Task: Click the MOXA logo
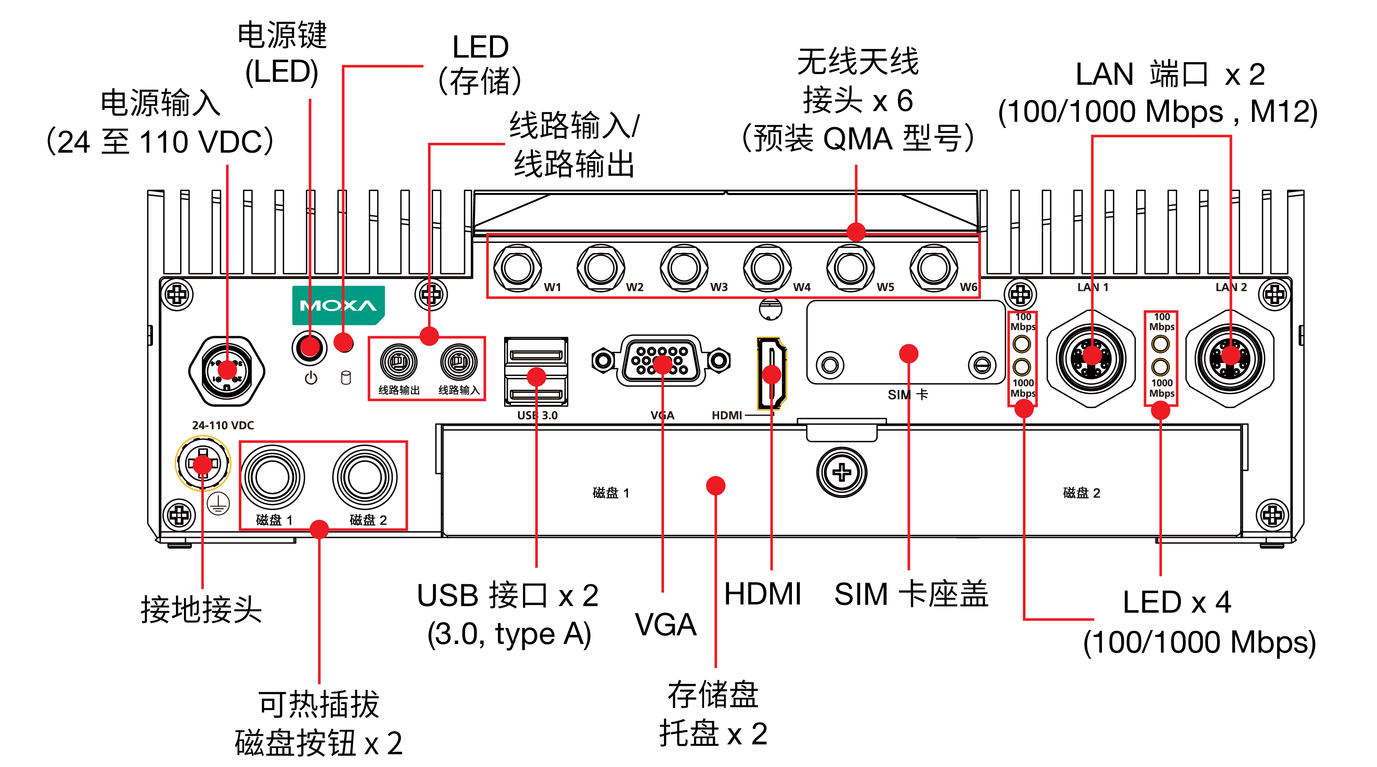[x=338, y=305]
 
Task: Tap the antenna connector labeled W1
[x=517, y=267]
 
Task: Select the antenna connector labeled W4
[x=767, y=267]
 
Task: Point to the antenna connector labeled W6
[x=933, y=267]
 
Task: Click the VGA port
[x=661, y=360]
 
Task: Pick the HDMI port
[x=771, y=373]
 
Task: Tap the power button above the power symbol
[x=310, y=347]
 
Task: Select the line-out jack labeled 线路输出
[x=398, y=362]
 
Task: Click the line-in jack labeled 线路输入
[x=458, y=362]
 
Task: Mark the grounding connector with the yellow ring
[x=203, y=463]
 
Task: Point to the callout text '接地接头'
[x=201, y=609]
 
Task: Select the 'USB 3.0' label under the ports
[x=537, y=415]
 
